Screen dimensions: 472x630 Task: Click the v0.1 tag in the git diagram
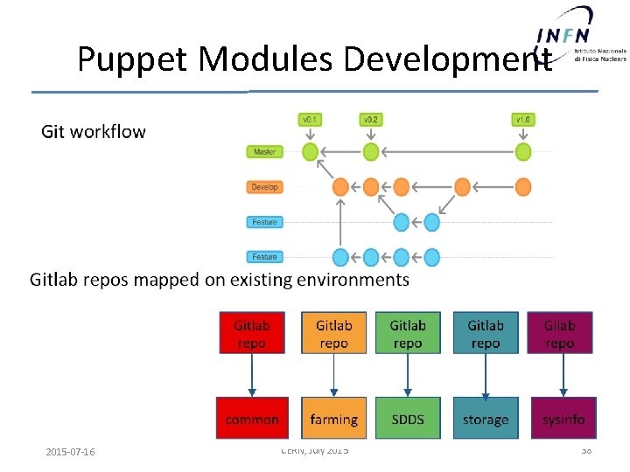310,119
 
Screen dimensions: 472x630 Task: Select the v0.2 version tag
371,119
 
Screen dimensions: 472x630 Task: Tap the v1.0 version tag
523,119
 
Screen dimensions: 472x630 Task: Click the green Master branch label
264,152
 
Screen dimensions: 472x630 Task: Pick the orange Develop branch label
264,187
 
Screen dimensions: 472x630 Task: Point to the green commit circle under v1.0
523,152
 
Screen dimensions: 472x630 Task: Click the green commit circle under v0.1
310,152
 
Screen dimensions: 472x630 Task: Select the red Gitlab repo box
252,333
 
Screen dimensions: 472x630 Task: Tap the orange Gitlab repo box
333,333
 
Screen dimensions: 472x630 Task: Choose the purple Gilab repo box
560,333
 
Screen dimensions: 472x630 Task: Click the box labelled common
252,419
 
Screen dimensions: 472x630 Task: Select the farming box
333,419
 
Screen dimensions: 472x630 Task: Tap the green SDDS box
408,419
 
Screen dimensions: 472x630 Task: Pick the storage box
486,419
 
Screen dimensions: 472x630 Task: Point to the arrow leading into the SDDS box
408,376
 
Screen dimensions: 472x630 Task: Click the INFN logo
564,35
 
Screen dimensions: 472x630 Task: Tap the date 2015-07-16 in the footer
71,452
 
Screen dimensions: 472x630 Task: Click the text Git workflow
94,132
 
